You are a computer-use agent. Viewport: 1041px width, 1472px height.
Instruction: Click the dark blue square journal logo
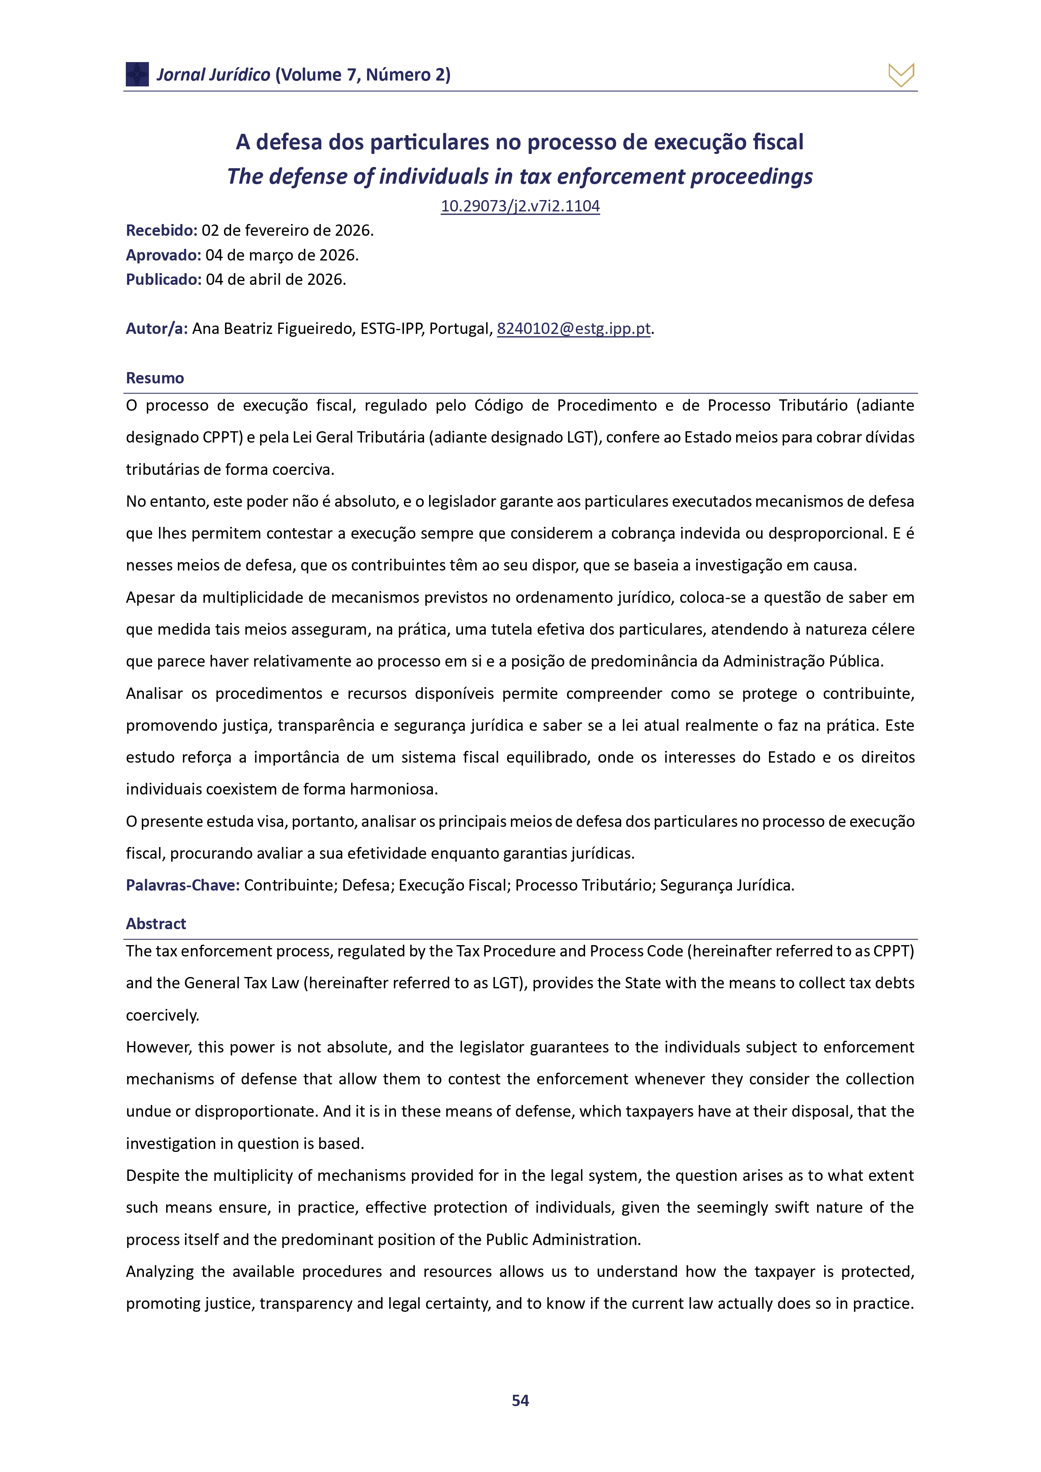pos(137,74)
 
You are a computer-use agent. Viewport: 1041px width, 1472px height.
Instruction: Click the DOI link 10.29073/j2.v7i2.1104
pos(520,206)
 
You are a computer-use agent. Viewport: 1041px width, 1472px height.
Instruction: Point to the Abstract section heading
pos(156,923)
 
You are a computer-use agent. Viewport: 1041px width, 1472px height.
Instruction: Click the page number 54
pos(520,1400)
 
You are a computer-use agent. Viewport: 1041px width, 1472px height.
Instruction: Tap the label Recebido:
pos(161,230)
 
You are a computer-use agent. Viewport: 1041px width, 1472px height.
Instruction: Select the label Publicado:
pos(164,279)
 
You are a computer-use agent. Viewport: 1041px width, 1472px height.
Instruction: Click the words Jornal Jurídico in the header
pos(213,75)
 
